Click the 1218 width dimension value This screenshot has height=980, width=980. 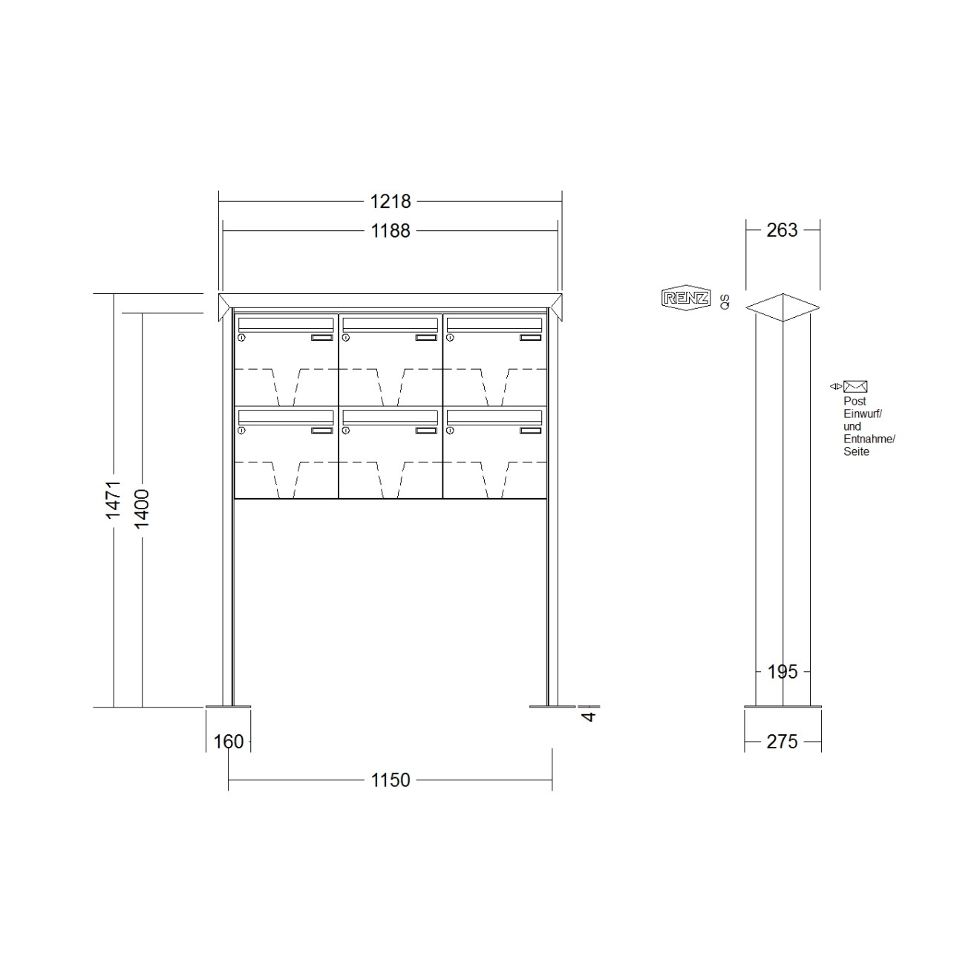click(x=390, y=202)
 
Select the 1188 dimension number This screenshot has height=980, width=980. click(x=390, y=232)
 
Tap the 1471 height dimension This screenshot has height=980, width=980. click(x=113, y=500)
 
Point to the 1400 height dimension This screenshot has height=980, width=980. click(x=142, y=509)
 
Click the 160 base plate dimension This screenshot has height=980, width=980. click(x=229, y=742)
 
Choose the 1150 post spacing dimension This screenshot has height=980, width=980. click(x=390, y=780)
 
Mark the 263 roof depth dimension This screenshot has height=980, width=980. click(x=783, y=230)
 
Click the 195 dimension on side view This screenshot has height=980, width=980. click(x=783, y=673)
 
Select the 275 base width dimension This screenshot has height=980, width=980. click(x=783, y=742)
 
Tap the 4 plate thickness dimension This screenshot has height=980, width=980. click(x=589, y=716)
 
